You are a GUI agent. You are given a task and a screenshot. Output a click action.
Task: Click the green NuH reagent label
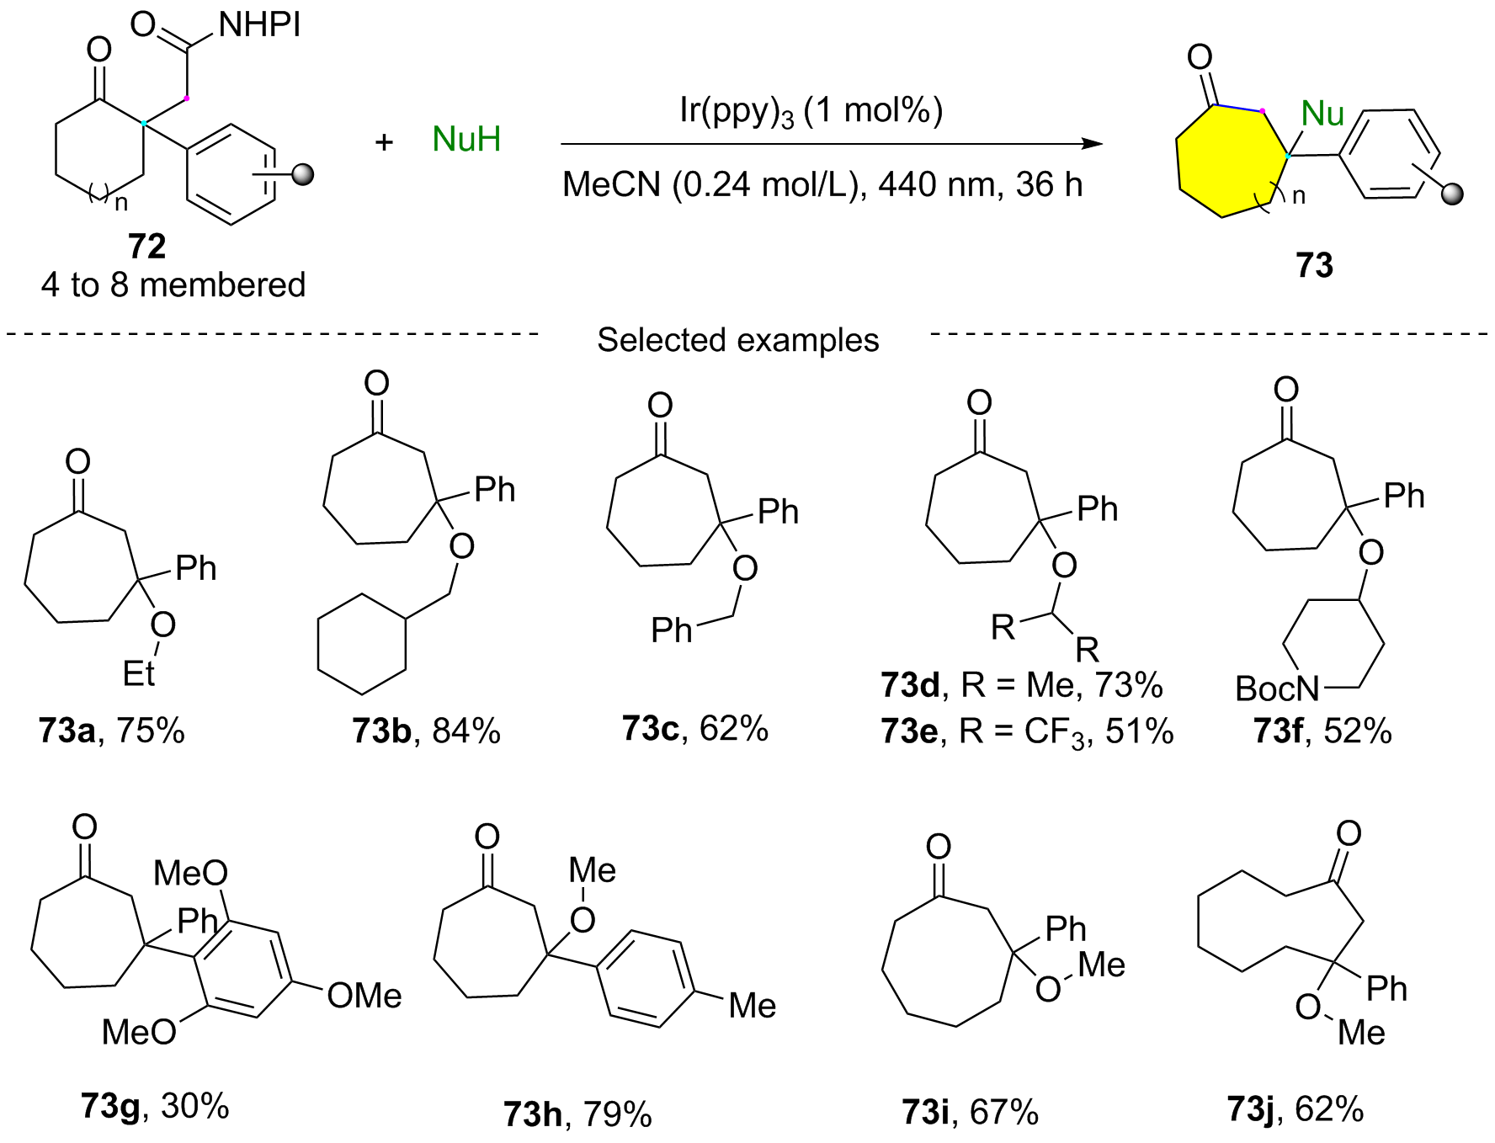[x=466, y=139]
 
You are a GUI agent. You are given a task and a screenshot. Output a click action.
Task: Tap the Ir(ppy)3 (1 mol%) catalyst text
[x=811, y=111]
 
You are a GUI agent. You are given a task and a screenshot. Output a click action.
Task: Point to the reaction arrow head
[x=1092, y=144]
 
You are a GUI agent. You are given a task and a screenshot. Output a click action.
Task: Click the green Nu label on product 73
[x=1322, y=114]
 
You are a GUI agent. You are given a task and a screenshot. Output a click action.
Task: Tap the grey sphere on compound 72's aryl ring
[x=302, y=175]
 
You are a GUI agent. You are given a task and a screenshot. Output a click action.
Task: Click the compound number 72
[x=147, y=246]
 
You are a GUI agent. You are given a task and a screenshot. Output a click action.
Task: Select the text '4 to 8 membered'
[x=173, y=284]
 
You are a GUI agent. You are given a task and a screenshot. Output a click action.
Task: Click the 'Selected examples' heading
[x=738, y=340]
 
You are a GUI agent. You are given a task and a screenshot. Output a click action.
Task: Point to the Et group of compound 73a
[x=139, y=673]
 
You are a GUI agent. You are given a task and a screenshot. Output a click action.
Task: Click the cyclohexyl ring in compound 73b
[x=362, y=645]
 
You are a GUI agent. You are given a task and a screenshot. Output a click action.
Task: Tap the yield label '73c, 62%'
[x=695, y=728]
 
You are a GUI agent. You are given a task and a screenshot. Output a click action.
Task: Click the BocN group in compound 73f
[x=1277, y=688]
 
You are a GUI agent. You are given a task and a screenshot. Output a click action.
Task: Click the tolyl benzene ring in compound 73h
[x=646, y=979]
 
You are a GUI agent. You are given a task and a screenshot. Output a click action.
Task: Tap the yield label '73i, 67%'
[x=970, y=1113]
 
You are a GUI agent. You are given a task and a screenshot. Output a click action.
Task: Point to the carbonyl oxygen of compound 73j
[x=1349, y=833]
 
